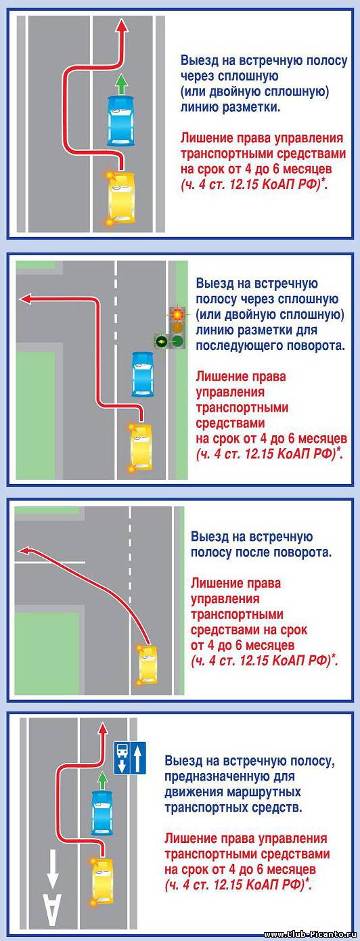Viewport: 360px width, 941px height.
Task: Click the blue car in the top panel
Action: (121, 121)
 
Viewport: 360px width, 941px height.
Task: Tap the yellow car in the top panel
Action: (122, 197)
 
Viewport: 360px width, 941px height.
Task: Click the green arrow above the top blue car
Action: (121, 84)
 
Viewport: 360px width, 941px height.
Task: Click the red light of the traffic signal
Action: (178, 313)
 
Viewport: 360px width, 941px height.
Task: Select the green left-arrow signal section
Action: (161, 341)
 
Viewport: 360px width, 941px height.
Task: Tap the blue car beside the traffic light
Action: (143, 374)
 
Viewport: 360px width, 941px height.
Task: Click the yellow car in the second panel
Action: (141, 447)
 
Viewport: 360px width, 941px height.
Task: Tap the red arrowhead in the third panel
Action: (24, 550)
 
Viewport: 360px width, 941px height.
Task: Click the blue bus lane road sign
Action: (130, 758)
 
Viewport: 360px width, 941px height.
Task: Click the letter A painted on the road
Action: (52, 910)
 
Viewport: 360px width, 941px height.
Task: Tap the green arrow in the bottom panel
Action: (102, 779)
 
